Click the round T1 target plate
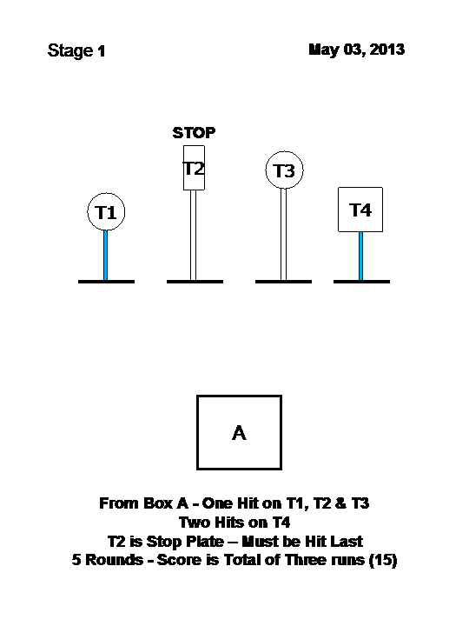pyautogui.click(x=106, y=211)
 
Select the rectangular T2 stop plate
pyautogui.click(x=194, y=168)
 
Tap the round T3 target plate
pyautogui.click(x=284, y=170)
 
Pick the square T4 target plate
pyautogui.click(x=360, y=210)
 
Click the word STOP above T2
pyautogui.click(x=194, y=132)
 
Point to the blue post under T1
pyautogui.click(x=105, y=255)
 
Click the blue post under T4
pyautogui.click(x=360, y=256)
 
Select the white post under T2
pyautogui.click(x=193, y=235)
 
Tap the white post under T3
pyautogui.click(x=283, y=235)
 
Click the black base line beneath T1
pyautogui.click(x=107, y=282)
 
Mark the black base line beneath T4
pyautogui.click(x=361, y=282)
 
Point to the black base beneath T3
pyautogui.click(x=283, y=282)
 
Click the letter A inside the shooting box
pyautogui.click(x=240, y=433)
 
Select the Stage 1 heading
pyautogui.click(x=76, y=50)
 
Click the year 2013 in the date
pyautogui.click(x=386, y=50)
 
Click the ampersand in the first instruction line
pyautogui.click(x=340, y=503)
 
